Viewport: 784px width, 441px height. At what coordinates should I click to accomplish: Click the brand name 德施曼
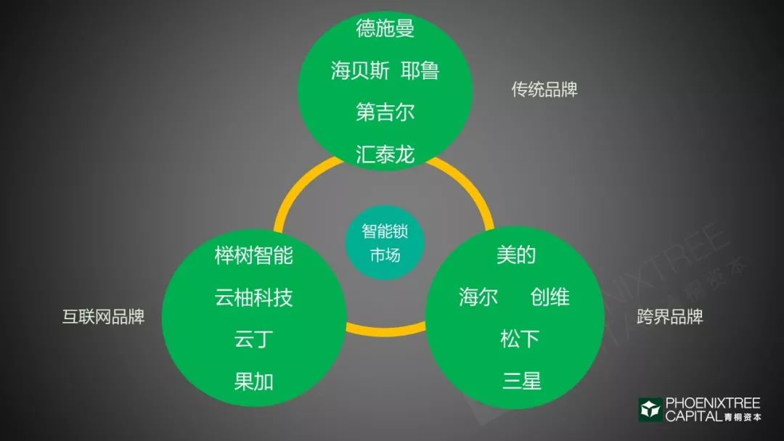(385, 28)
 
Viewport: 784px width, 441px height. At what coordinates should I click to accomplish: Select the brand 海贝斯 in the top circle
(360, 70)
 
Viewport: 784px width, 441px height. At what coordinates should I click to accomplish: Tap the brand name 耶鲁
(420, 70)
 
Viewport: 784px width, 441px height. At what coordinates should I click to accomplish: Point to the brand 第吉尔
(385, 112)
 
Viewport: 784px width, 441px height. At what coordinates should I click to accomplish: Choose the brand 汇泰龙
(385, 154)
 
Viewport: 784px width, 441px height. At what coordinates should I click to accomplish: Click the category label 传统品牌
(544, 89)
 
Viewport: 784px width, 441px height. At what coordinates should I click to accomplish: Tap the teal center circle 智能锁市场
(385, 243)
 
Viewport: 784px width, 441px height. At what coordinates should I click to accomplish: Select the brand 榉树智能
(253, 256)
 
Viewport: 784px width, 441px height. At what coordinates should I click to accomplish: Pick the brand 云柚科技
(253, 297)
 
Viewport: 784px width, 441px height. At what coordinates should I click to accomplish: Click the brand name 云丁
(253, 339)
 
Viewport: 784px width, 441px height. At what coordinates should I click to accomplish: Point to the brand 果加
(253, 382)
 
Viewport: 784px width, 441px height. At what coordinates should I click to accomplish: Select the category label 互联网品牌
(104, 317)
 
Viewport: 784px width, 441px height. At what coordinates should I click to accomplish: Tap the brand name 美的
(516, 255)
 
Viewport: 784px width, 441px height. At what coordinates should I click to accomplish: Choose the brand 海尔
(478, 297)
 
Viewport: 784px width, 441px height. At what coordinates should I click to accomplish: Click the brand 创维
(550, 297)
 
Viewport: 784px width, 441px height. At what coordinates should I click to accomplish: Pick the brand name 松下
(520, 339)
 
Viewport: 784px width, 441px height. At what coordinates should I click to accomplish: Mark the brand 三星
(522, 381)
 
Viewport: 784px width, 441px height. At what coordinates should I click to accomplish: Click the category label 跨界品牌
(670, 317)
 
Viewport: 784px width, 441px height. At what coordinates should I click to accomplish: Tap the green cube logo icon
(650, 410)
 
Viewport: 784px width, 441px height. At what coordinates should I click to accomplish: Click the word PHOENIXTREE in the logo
(713, 403)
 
